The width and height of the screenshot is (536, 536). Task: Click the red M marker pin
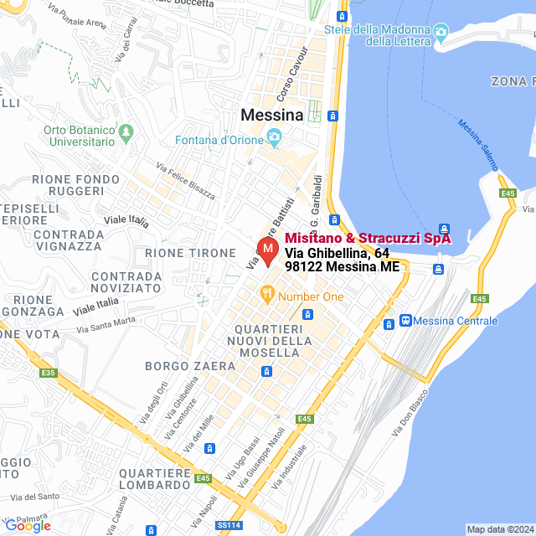point(266,250)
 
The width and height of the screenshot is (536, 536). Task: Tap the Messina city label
point(271,115)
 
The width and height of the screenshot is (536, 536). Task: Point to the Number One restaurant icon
point(267,294)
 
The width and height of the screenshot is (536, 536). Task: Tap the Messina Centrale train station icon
point(406,320)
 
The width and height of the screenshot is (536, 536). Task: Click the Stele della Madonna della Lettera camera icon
point(441,33)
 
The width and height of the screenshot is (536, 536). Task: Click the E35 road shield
point(49,374)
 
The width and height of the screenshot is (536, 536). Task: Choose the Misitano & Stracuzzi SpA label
point(368,238)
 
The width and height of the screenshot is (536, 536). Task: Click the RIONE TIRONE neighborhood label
point(191,253)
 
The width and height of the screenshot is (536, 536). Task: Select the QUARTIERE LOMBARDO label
point(162,479)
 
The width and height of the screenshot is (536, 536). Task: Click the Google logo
point(28,526)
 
